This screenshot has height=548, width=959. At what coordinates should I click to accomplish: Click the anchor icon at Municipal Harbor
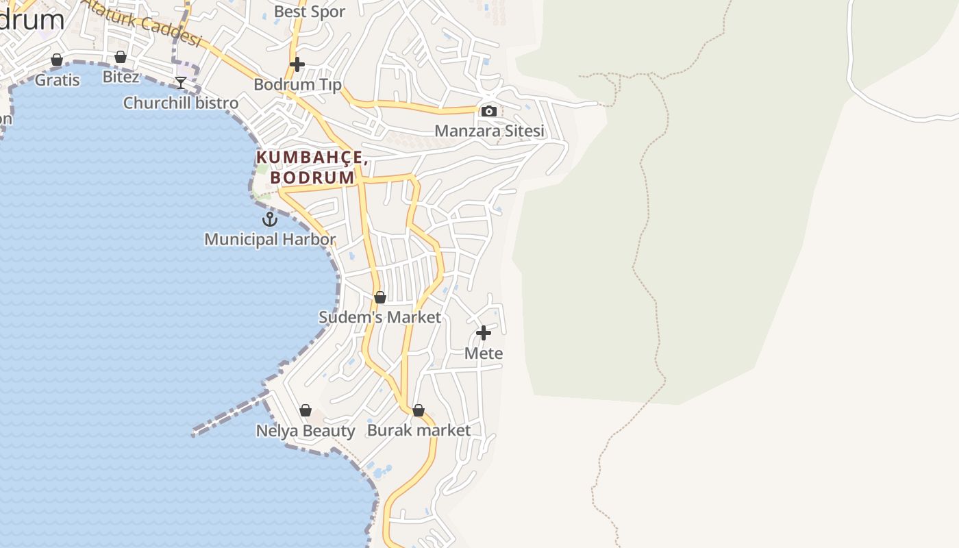tap(270, 219)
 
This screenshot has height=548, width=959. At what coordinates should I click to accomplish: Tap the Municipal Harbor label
tap(270, 240)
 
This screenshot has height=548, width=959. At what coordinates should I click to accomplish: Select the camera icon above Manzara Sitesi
tap(489, 111)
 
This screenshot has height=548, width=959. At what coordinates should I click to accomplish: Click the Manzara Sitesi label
tap(489, 131)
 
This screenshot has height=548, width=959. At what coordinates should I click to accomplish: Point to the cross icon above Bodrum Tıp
tap(297, 64)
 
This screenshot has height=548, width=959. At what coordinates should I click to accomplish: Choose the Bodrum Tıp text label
tap(297, 84)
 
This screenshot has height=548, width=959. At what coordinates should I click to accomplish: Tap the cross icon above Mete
tap(484, 333)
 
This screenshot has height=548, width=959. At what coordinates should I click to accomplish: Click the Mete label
tap(484, 353)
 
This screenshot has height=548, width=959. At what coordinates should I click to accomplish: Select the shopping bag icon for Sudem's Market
tap(380, 297)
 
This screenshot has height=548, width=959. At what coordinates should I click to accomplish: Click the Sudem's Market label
tap(380, 317)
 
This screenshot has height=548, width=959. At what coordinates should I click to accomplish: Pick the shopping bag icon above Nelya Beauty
tap(306, 410)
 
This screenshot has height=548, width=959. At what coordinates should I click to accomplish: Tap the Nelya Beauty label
tap(306, 431)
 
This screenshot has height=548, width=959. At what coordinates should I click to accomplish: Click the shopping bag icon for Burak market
tap(419, 410)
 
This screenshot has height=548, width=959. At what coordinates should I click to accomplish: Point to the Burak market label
tap(419, 430)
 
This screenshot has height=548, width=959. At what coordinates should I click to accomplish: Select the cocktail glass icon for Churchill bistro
tap(181, 83)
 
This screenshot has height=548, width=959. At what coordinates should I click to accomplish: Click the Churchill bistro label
tap(181, 103)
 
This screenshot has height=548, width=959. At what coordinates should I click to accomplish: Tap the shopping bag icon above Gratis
tap(57, 60)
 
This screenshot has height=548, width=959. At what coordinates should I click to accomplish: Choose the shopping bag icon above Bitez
tap(121, 57)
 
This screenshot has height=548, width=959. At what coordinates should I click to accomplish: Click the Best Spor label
tap(310, 12)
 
